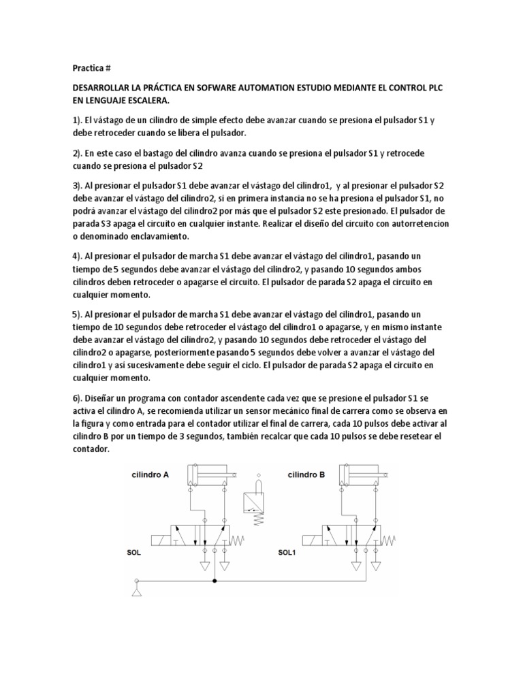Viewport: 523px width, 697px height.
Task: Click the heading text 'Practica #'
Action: tap(91, 69)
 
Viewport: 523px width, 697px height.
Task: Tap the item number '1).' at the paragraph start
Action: tap(79, 121)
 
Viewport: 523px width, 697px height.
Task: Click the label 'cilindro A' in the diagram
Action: tap(150, 475)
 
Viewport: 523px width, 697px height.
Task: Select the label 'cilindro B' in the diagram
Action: tap(306, 475)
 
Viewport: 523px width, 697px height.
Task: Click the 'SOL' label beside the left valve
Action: tap(133, 553)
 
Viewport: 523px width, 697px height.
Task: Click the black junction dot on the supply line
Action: tap(215, 581)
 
